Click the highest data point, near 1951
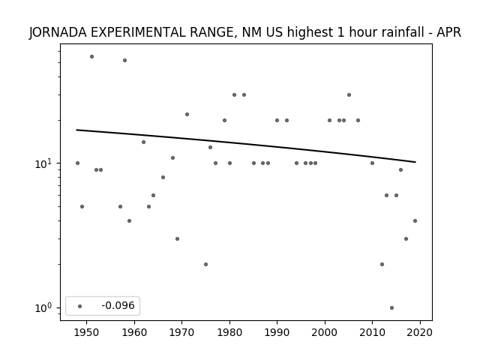click(91, 57)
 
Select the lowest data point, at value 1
click(391, 308)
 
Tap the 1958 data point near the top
click(125, 60)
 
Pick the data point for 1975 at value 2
click(205, 264)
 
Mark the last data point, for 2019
click(415, 220)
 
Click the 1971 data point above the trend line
click(187, 115)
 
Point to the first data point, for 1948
click(77, 163)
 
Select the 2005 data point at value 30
click(349, 95)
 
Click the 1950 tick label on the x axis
click(87, 332)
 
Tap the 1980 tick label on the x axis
click(229, 332)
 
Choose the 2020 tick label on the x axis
click(420, 332)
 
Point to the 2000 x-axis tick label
click(325, 332)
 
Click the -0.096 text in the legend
click(118, 305)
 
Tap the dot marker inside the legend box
click(80, 306)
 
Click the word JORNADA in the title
click(58, 32)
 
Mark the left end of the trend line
click(76, 130)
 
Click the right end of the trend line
click(415, 162)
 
